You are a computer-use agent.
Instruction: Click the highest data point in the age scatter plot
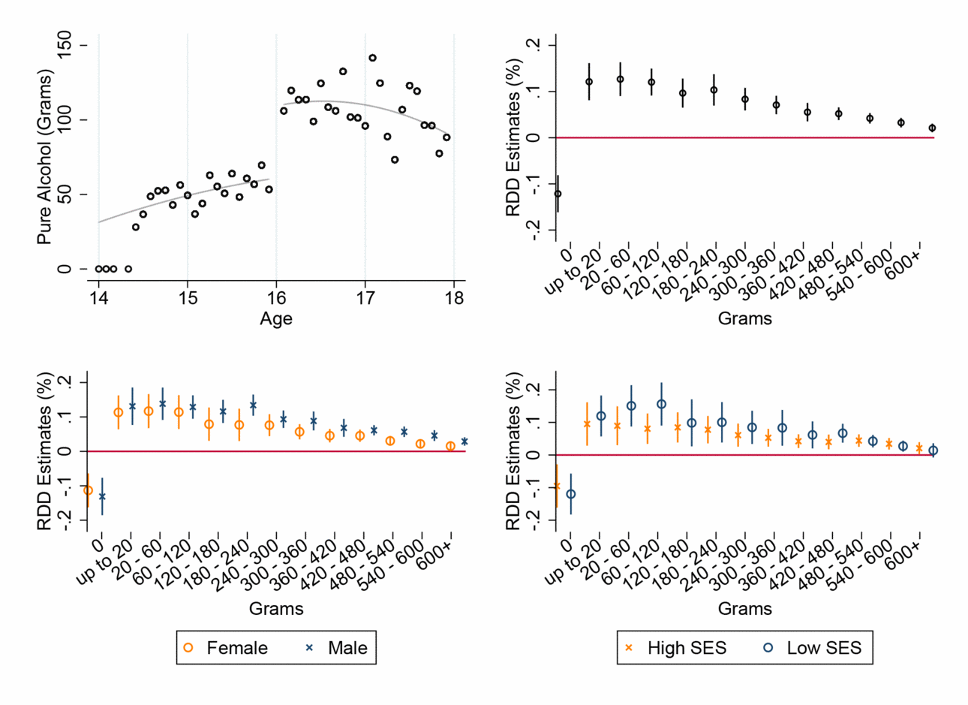(x=372, y=58)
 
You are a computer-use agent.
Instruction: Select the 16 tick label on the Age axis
(x=276, y=297)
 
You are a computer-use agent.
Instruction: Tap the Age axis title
(x=276, y=319)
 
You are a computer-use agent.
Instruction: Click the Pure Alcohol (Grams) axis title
(x=45, y=157)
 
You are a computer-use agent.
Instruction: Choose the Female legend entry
(x=224, y=648)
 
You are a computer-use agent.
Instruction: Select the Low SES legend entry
(x=812, y=648)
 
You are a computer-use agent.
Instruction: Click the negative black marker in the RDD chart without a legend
(x=558, y=194)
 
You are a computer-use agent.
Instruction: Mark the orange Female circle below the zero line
(x=88, y=490)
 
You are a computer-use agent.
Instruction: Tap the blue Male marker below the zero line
(x=102, y=496)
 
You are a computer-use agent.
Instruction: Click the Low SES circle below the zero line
(x=571, y=494)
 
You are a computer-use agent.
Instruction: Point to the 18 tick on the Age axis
(x=454, y=297)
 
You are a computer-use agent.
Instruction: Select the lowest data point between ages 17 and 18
(x=395, y=160)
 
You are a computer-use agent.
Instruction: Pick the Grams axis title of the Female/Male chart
(x=276, y=608)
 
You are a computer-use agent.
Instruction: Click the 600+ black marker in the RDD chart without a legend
(x=932, y=128)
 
